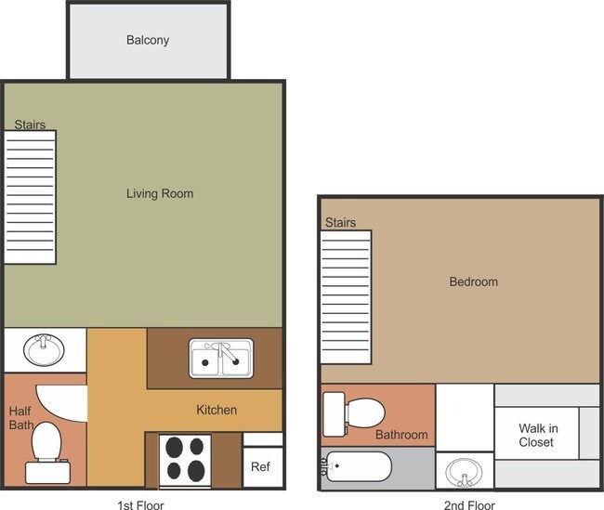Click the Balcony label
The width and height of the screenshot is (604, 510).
(x=148, y=40)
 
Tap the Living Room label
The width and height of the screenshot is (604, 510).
(x=160, y=193)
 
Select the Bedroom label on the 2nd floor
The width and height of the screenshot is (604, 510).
(x=473, y=281)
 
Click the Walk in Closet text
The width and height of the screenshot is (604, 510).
(x=538, y=436)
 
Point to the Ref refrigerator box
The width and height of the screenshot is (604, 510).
(x=263, y=467)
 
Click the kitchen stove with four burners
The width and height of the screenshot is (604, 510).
(x=185, y=461)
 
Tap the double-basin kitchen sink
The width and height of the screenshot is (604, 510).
(x=221, y=359)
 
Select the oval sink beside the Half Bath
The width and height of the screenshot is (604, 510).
(x=44, y=350)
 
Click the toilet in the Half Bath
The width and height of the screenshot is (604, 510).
(x=47, y=453)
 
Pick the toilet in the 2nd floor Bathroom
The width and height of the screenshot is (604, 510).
(x=353, y=414)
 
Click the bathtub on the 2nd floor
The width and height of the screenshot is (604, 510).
(x=357, y=466)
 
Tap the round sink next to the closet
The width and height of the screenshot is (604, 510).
(x=464, y=472)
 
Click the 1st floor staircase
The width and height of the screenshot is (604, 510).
(x=30, y=197)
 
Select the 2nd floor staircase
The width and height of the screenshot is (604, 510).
(x=346, y=297)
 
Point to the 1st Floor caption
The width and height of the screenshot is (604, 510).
(x=140, y=505)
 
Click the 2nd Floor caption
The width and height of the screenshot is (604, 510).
(x=469, y=505)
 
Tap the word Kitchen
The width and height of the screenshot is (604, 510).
(x=217, y=410)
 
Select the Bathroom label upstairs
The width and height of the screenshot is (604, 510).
(x=401, y=435)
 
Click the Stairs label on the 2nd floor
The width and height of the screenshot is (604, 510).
(x=340, y=222)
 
